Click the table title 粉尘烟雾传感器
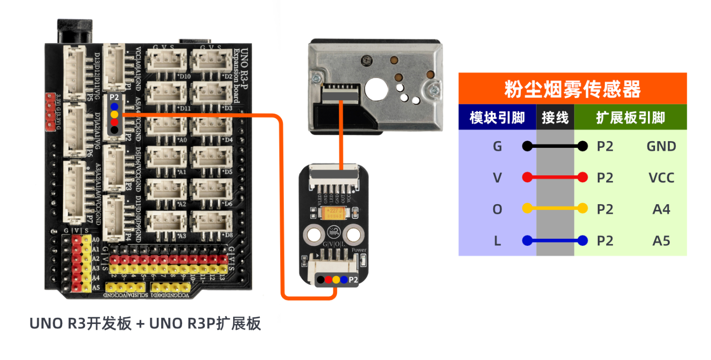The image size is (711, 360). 572,89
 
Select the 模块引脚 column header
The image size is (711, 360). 497,117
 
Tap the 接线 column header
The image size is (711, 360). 555,117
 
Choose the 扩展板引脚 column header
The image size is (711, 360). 630,117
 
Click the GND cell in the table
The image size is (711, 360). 661,146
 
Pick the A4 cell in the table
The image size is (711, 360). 661,209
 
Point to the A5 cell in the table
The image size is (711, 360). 661,241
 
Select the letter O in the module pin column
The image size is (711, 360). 497,209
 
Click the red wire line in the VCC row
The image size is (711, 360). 555,178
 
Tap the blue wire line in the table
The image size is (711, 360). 555,241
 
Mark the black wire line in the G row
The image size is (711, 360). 555,146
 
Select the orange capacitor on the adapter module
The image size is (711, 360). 332,213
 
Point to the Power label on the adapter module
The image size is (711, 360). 359,250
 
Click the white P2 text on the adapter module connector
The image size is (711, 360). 353,280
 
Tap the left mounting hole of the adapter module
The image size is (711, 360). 313,234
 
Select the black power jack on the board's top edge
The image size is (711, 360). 74,31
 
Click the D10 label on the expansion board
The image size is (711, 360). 183,76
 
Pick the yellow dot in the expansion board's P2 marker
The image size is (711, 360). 114,114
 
